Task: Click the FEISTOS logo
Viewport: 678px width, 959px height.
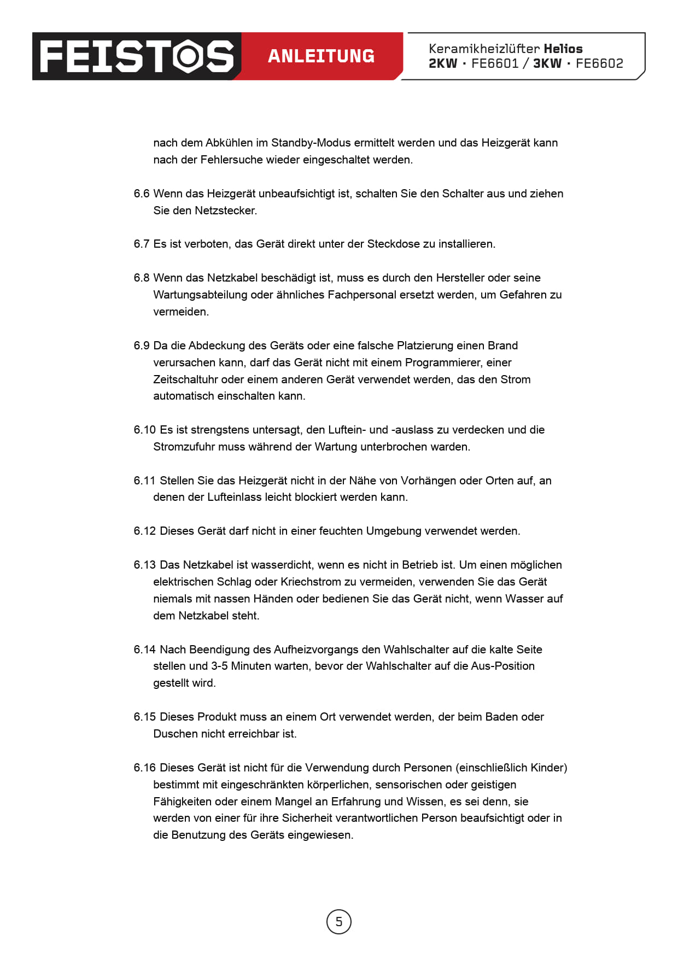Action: click(137, 56)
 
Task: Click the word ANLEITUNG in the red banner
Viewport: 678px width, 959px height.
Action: click(321, 56)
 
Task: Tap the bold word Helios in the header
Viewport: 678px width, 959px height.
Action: click(563, 49)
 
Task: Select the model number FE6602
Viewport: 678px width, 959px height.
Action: click(599, 63)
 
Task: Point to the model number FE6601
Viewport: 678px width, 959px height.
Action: click(495, 63)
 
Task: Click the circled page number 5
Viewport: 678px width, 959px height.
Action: click(338, 921)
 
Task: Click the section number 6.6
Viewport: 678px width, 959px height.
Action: click(141, 194)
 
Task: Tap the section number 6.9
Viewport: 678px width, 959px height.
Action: click(141, 346)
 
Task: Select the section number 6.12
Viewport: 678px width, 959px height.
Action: click(144, 531)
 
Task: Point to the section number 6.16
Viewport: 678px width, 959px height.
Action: click(144, 768)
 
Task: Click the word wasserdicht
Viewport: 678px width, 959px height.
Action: click(282, 565)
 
